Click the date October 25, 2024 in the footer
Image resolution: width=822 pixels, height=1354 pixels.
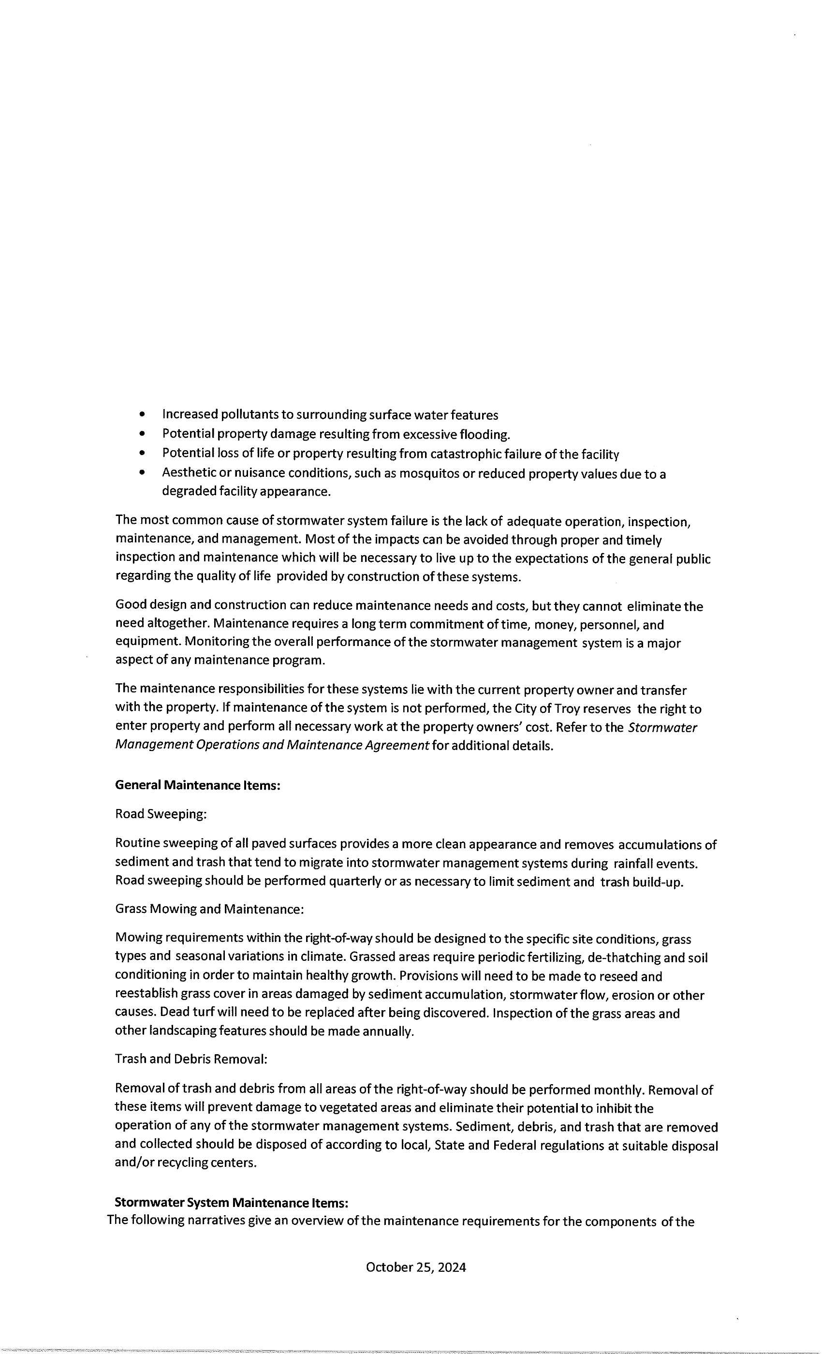point(416,1267)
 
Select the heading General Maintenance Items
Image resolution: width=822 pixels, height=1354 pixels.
point(198,785)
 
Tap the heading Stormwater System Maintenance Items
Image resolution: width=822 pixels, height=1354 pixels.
point(231,1203)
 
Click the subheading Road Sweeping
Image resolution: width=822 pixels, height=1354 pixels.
point(161,814)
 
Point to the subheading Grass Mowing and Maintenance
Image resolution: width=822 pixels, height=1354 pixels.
point(209,909)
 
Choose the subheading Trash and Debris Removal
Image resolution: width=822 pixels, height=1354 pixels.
point(191,1059)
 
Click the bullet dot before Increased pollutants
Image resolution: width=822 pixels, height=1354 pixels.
point(143,414)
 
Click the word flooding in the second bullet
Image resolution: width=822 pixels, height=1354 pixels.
point(484,435)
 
